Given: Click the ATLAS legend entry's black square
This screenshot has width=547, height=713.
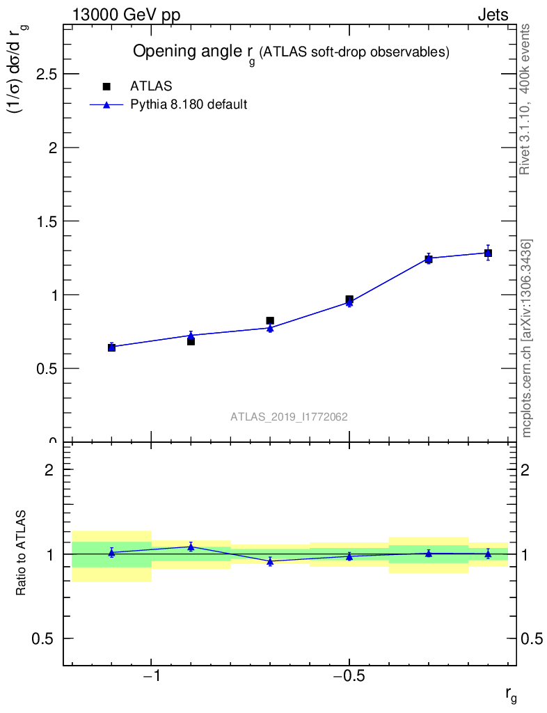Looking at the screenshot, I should click(106, 86).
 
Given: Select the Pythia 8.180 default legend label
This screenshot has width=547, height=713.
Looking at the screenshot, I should click(189, 105).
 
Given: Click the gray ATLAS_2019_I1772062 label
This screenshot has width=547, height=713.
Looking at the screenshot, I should click(290, 417).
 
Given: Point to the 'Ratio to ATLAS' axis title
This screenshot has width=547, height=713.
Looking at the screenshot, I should click(22, 554).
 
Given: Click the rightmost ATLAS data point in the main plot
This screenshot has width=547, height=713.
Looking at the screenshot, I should click(489, 253).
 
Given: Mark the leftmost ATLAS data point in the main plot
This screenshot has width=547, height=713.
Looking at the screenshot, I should click(111, 347).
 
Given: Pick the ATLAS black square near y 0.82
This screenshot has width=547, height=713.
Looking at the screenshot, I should click(270, 321).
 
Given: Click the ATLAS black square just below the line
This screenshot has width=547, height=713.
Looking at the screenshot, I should click(191, 341).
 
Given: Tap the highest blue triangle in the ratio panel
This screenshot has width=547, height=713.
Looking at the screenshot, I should click(191, 547).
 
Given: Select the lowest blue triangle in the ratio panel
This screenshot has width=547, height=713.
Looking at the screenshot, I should click(270, 561).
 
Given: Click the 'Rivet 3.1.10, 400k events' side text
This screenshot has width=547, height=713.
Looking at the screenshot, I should click(526, 100).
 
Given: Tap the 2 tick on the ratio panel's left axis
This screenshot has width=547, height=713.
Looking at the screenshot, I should click(49, 470).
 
